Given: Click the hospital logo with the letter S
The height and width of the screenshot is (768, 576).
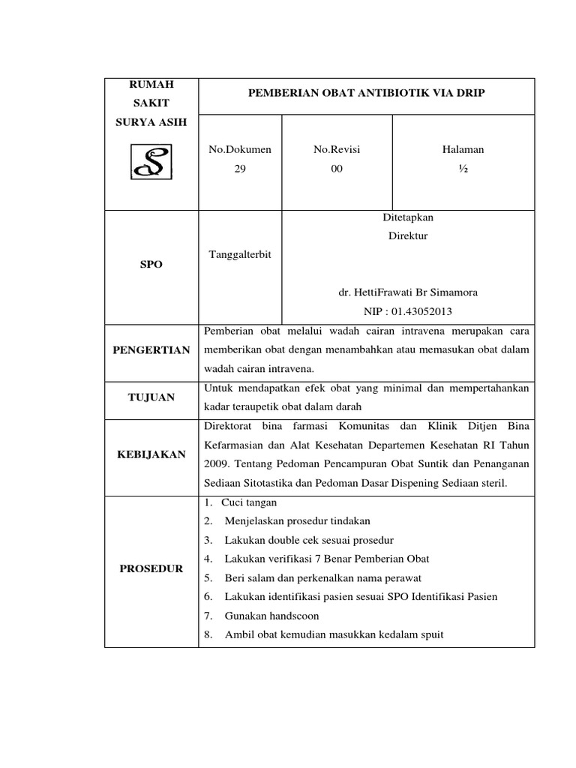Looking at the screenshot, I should click(151, 162).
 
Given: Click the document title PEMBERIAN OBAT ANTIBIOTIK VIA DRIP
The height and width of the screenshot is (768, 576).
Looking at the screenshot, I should click(366, 94).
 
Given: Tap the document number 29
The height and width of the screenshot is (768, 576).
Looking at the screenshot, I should click(240, 169).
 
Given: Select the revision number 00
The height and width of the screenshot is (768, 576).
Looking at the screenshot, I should click(337, 169).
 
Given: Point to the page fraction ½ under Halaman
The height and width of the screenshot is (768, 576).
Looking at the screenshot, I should click(463, 169).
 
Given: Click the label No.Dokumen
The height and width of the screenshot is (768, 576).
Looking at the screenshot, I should click(240, 149).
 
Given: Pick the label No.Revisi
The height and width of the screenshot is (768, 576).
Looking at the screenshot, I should click(337, 149).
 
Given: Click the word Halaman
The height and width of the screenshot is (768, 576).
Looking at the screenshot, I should click(463, 149).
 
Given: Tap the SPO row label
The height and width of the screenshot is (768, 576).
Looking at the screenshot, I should click(151, 265).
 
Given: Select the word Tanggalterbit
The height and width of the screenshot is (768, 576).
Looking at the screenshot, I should click(239, 255).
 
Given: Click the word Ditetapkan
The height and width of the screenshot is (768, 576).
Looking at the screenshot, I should click(407, 217).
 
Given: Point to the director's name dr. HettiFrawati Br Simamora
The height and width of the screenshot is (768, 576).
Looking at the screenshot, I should click(407, 292).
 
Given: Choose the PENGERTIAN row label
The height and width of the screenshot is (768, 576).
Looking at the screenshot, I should click(151, 350).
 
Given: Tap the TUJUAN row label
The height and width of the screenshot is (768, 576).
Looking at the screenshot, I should click(151, 397).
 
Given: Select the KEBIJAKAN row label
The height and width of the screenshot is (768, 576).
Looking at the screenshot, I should click(151, 454).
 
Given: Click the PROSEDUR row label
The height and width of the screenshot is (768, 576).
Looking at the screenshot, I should click(151, 569).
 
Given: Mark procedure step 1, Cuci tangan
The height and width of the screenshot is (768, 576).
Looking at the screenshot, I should click(248, 502).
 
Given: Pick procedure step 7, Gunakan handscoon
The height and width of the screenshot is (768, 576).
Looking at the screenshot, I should click(271, 615).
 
